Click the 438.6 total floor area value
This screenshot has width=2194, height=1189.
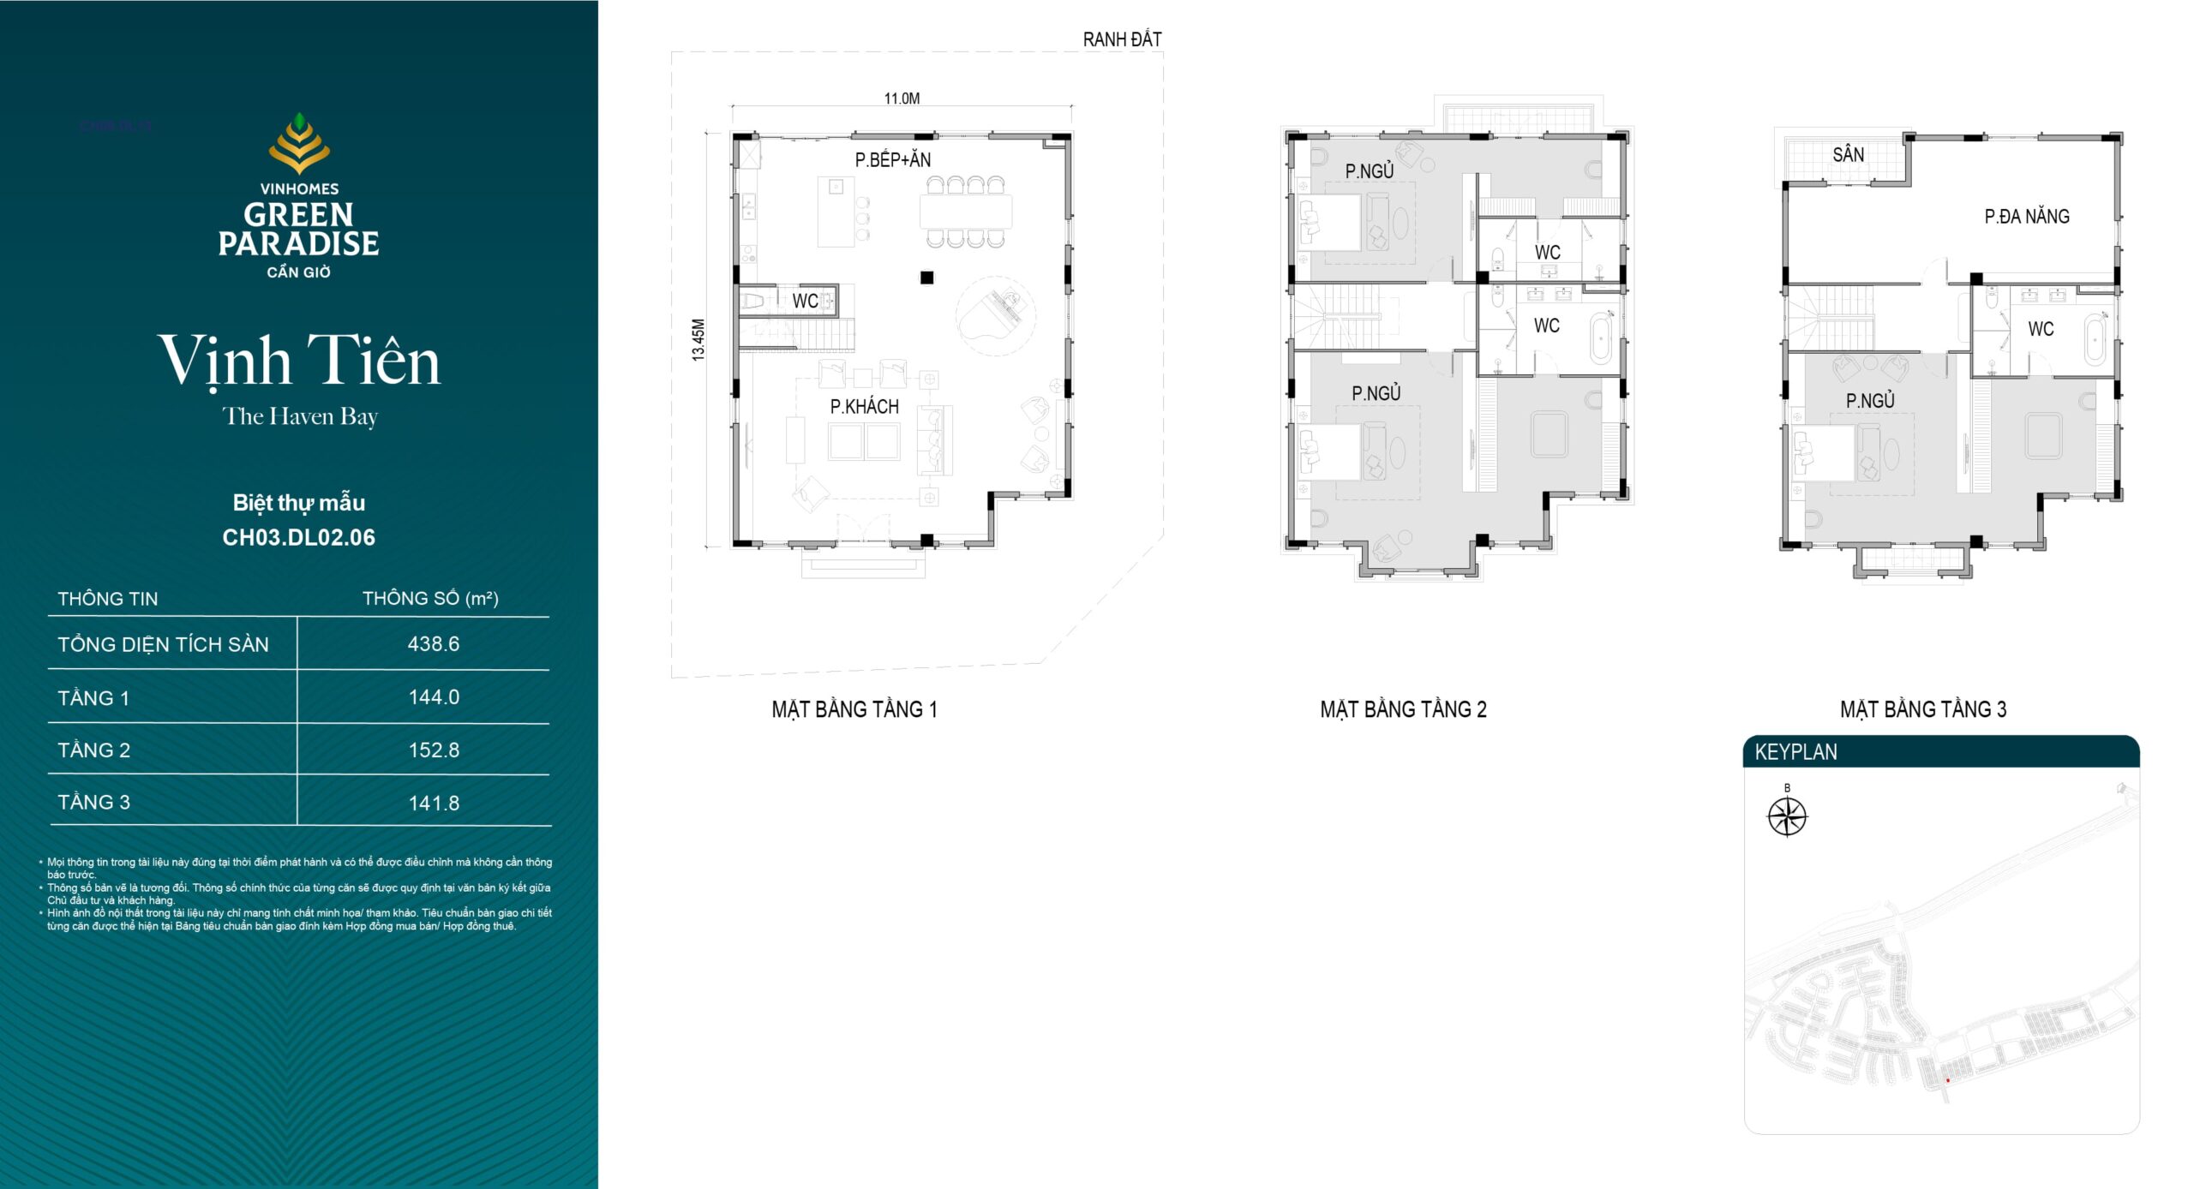[x=434, y=643]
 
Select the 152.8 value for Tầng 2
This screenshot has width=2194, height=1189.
[x=434, y=750]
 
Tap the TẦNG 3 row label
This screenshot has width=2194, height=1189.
[x=93, y=802]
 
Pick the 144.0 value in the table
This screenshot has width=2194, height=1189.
[x=434, y=697]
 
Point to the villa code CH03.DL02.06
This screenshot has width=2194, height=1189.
[x=299, y=537]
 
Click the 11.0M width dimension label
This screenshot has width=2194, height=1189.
[x=902, y=99]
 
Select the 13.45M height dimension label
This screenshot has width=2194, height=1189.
[x=698, y=340]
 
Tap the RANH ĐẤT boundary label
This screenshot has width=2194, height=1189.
[x=1122, y=39]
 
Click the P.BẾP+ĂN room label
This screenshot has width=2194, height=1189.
[x=892, y=159]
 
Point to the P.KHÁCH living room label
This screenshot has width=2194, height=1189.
[x=864, y=407]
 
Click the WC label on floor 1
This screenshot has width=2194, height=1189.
[x=805, y=301]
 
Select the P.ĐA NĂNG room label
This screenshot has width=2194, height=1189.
[x=2027, y=216]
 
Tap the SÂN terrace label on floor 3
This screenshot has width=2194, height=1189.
[x=1849, y=154]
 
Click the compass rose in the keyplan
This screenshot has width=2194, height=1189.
[x=1787, y=816]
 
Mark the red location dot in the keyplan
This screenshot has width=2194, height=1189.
[x=1947, y=1080]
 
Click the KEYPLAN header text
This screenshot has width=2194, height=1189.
[x=1795, y=752]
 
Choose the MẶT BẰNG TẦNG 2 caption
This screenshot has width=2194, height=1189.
[x=1403, y=709]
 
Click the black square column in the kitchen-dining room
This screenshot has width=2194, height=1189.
[x=926, y=278]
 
